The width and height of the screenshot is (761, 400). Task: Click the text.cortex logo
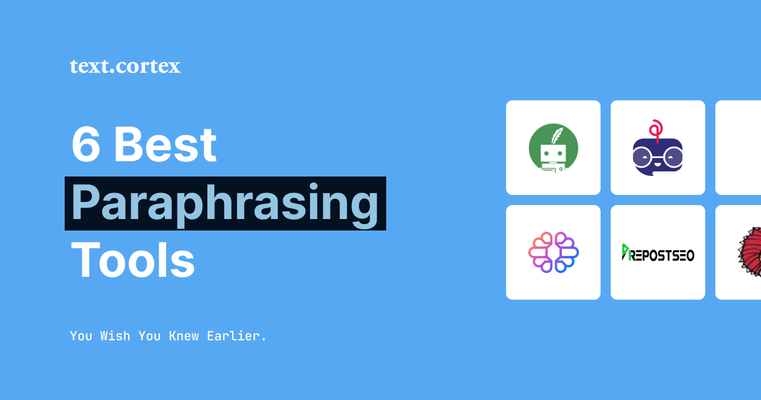pos(125,66)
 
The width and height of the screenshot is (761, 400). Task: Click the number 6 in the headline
pos(86,145)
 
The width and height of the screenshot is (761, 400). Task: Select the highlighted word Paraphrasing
pos(225,203)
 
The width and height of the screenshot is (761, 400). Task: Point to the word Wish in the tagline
pos(115,336)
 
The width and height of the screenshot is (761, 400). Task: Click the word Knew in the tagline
pos(184,336)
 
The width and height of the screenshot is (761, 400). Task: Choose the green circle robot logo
pos(553,148)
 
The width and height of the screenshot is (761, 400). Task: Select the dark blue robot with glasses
pos(658,156)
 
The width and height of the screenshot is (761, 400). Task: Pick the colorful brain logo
pos(553,252)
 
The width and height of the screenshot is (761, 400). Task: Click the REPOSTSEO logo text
pos(662,255)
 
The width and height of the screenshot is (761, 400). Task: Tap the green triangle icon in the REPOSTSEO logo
pos(625,252)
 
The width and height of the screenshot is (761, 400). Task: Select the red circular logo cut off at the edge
pos(750,252)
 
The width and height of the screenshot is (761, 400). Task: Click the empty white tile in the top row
pos(739,147)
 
